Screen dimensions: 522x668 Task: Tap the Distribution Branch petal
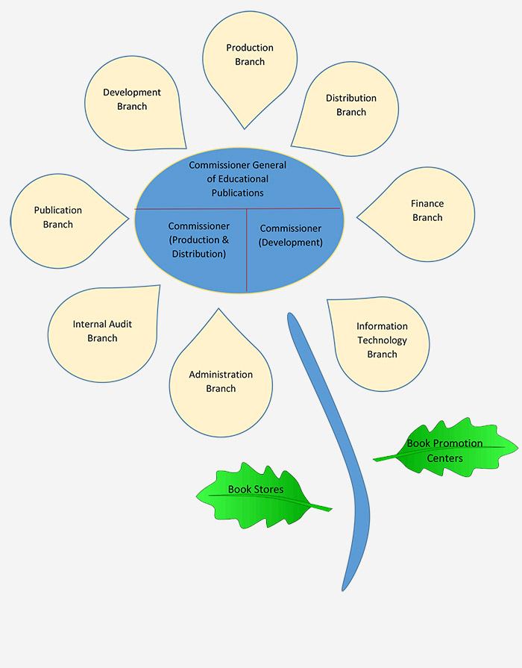349,109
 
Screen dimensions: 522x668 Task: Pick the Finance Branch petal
421,214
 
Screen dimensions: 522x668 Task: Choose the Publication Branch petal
64,221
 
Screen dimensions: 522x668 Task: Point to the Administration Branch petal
221,379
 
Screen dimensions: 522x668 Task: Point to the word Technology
382,340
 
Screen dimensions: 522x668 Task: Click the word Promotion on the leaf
458,443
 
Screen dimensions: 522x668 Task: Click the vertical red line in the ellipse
247,250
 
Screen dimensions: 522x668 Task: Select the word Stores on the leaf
268,490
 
